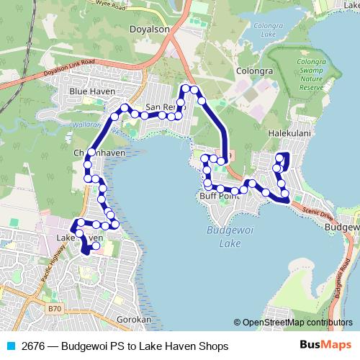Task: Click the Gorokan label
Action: point(134,318)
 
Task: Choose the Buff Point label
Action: point(219,196)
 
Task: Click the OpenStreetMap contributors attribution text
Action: point(297,323)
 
